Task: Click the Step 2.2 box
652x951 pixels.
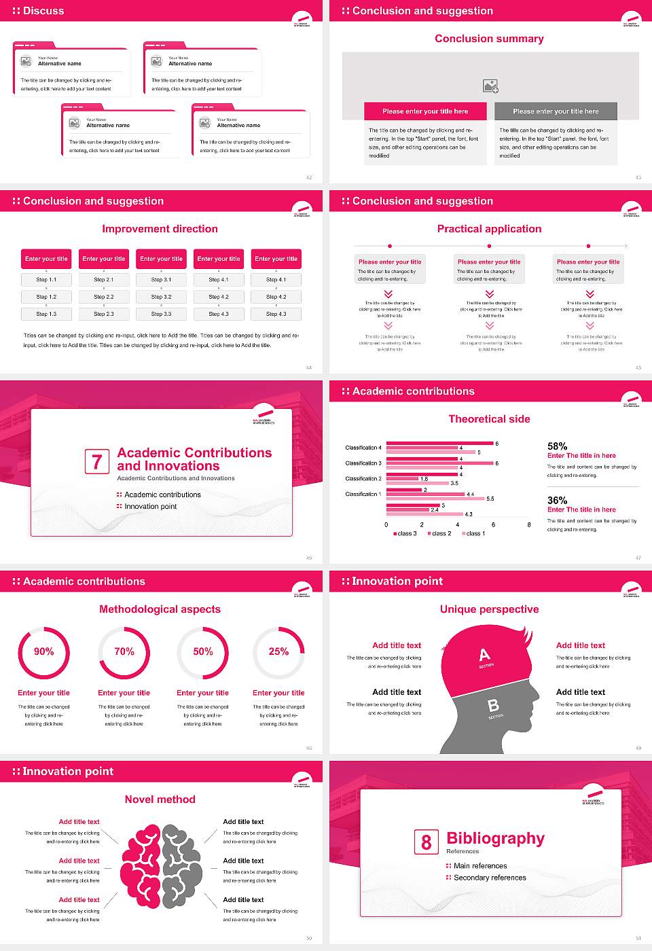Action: (104, 297)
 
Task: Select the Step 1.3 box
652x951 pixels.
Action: (46, 314)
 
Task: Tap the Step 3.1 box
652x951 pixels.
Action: (161, 279)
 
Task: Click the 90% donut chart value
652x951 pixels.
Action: (44, 651)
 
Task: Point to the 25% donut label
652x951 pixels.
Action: (278, 651)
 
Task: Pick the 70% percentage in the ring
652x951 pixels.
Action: (124, 651)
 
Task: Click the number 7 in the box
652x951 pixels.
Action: (96, 462)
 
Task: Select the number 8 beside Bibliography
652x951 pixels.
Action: (426, 842)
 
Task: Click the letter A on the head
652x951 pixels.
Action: (484, 655)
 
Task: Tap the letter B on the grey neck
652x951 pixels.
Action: (494, 706)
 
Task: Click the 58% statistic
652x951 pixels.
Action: (557, 446)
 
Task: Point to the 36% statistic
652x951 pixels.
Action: (557, 501)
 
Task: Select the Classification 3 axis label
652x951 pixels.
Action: (363, 463)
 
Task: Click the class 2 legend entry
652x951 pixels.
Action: (440, 534)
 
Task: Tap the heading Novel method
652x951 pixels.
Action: (160, 800)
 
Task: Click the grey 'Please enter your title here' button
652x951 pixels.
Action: (556, 111)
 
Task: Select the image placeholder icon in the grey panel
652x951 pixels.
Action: (490, 86)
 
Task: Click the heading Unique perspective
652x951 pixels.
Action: (489, 609)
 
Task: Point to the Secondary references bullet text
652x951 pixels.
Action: (490, 878)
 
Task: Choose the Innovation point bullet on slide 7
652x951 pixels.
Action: (150, 507)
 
